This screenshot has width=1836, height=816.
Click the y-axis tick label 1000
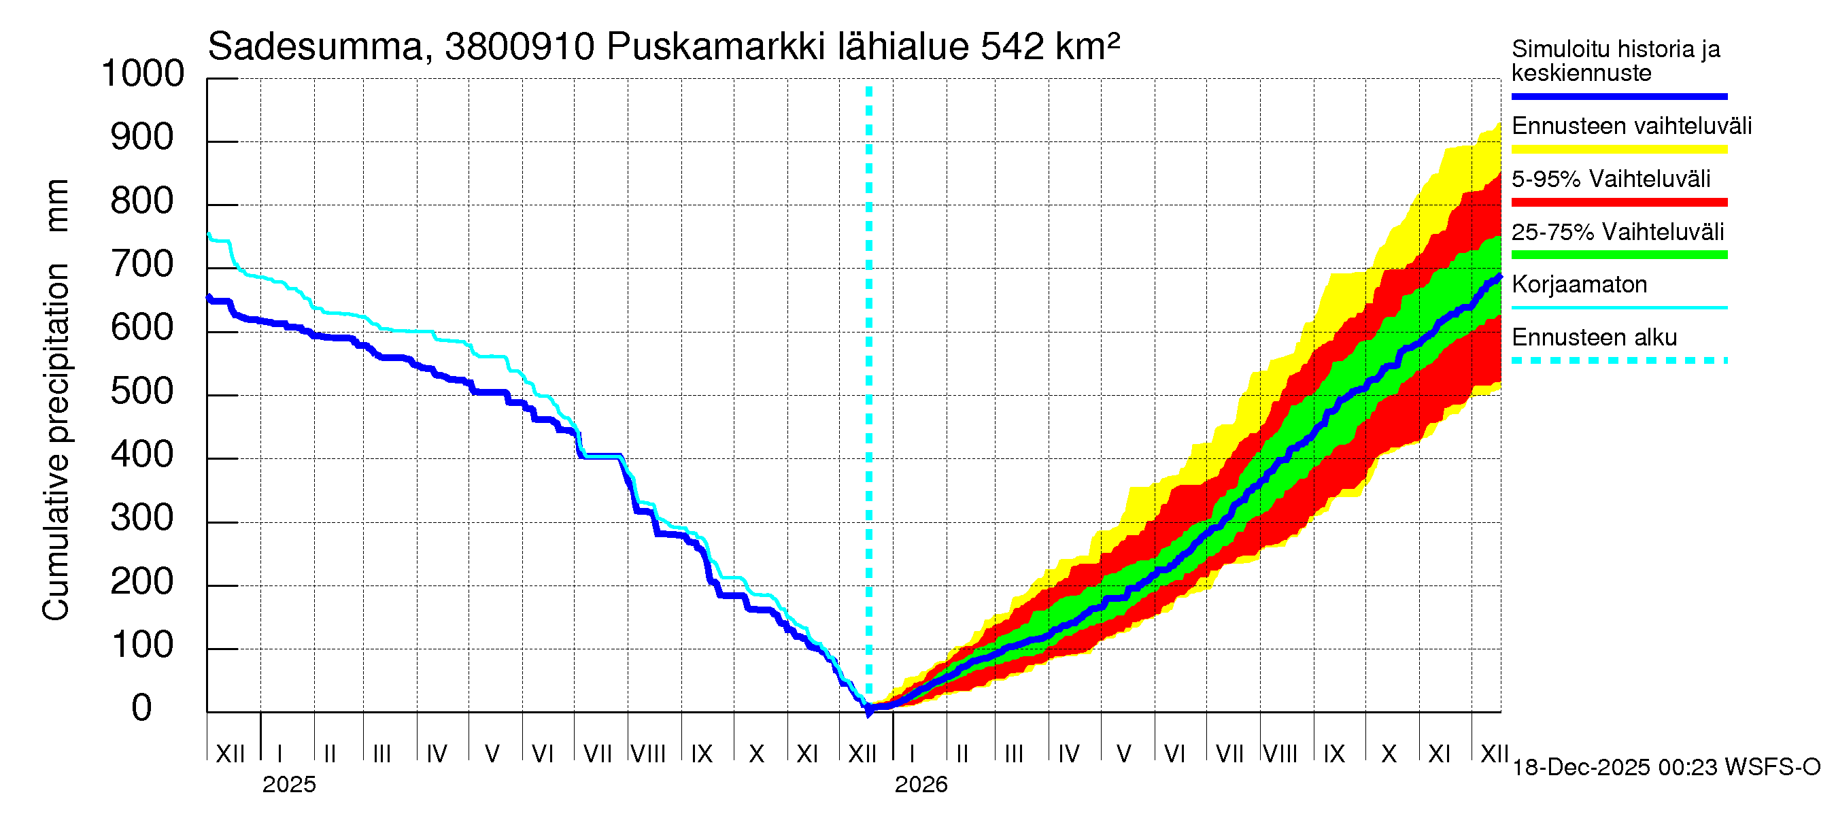(x=143, y=73)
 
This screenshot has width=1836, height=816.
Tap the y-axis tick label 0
(x=142, y=708)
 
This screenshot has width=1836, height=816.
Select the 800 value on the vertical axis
(x=142, y=201)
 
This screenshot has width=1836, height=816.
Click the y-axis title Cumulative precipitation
(x=56, y=442)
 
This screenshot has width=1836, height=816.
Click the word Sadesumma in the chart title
(x=315, y=47)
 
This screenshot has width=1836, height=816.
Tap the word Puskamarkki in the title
(x=715, y=47)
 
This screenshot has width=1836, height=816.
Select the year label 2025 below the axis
(x=288, y=785)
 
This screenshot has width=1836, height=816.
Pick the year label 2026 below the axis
(x=921, y=785)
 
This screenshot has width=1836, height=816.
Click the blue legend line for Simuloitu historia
(x=1618, y=96)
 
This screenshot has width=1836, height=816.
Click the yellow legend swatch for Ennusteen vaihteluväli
(x=1618, y=150)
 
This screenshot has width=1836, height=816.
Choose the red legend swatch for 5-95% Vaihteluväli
(x=1618, y=203)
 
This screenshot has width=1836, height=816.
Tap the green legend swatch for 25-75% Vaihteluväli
(x=1618, y=255)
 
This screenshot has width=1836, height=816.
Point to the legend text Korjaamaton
(x=1579, y=284)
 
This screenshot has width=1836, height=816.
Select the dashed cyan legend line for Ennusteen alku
(x=1618, y=360)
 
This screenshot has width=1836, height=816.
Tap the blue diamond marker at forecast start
(x=869, y=710)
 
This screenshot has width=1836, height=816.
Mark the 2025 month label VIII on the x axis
(x=649, y=753)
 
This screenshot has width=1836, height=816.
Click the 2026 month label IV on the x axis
(x=1068, y=753)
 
